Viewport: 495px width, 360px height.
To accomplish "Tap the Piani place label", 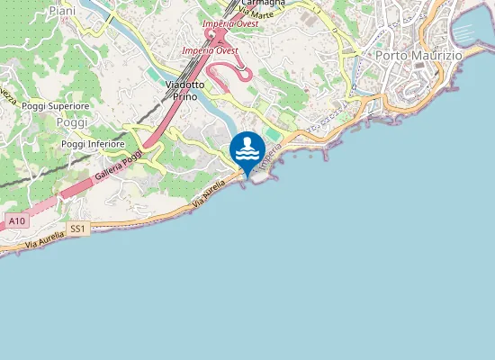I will [62, 10].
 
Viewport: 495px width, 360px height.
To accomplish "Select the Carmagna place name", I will [263, 3].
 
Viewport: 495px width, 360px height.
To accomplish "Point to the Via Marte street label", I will [256, 13].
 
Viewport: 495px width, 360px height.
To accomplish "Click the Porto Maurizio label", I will [418, 56].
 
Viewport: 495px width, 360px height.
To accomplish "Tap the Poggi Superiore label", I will [56, 106].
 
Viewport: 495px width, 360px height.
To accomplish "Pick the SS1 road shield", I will [78, 229].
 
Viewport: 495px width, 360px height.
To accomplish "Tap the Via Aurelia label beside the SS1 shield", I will [45, 238].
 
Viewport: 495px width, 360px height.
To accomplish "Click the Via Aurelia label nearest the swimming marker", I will [209, 194].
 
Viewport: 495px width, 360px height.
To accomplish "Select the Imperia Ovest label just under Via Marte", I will [231, 23].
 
